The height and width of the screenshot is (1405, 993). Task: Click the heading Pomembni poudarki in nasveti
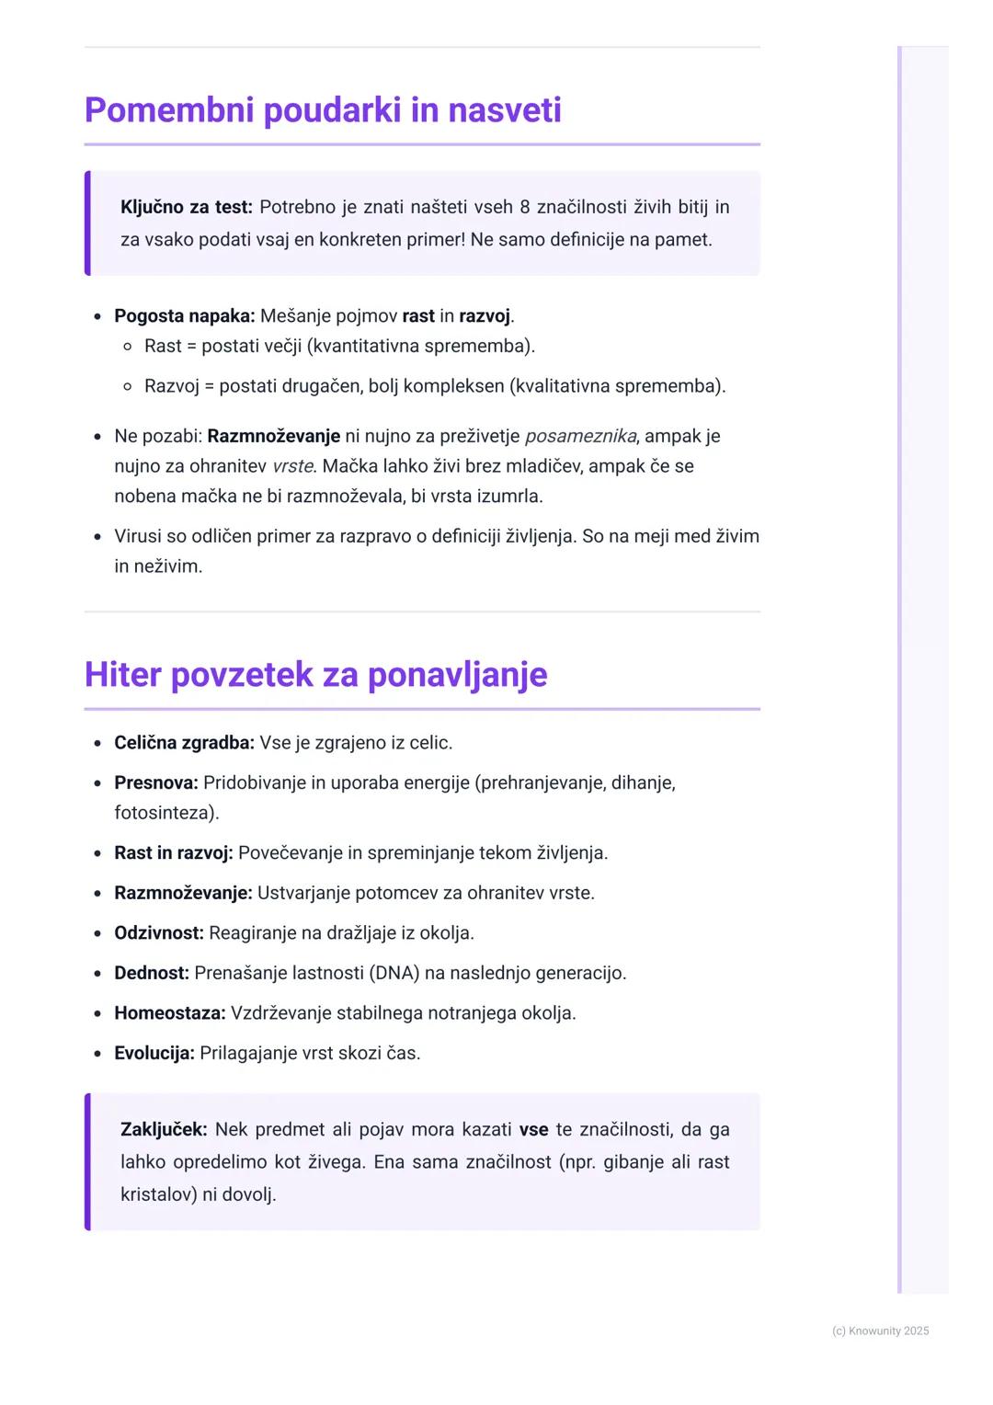323,110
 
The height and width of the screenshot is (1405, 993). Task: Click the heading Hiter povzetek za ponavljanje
315,675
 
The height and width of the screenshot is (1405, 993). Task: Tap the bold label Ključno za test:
187,208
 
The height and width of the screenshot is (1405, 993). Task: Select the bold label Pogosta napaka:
184,316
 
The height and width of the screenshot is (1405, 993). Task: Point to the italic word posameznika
580,437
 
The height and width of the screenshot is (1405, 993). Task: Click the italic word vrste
292,466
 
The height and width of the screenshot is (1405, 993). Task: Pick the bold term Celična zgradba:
184,743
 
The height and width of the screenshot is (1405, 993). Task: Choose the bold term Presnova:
155,783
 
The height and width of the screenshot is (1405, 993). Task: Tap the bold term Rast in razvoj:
173,853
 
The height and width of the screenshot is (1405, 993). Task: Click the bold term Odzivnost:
158,933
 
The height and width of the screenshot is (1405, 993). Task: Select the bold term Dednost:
151,974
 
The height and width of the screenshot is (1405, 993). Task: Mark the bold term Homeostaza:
169,1013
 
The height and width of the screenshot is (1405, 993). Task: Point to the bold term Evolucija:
154,1054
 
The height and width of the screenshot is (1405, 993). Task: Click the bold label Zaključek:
164,1130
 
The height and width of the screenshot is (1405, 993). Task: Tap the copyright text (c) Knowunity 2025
880,1331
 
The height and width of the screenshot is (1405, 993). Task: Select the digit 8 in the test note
525,208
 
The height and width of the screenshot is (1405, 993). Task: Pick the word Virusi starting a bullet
142,537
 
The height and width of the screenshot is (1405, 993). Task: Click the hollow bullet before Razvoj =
128,387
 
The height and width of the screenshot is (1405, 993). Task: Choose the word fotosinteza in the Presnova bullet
163,814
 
